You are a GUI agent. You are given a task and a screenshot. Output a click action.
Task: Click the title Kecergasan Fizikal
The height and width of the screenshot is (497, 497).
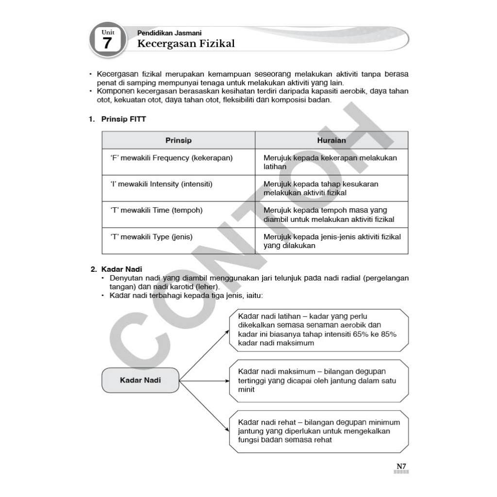click(186, 44)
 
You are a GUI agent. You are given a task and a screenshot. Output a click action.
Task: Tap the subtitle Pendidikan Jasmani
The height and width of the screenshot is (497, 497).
click(162, 33)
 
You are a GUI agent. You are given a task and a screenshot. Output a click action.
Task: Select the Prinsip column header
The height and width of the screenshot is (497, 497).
click(178, 140)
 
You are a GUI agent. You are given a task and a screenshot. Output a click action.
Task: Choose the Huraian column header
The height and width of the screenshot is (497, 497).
click(331, 140)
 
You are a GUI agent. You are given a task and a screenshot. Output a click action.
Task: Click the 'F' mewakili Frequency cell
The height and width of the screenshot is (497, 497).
click(171, 158)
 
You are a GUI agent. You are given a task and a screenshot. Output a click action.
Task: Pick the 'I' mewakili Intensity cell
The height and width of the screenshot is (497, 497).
click(162, 184)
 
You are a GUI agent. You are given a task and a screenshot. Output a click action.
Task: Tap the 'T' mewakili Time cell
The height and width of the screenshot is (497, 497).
click(157, 210)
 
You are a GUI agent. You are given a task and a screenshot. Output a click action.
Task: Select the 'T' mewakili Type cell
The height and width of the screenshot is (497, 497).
click(152, 237)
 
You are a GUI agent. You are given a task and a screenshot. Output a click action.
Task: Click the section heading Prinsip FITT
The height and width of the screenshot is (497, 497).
click(123, 119)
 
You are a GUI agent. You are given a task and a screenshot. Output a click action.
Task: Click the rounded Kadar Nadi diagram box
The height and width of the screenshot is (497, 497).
click(140, 380)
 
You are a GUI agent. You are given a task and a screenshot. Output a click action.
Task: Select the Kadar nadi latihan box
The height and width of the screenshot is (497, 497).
click(318, 330)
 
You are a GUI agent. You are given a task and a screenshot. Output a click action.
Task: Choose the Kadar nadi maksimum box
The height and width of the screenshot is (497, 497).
click(318, 381)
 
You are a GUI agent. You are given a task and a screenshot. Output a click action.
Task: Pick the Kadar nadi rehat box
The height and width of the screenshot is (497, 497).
click(318, 431)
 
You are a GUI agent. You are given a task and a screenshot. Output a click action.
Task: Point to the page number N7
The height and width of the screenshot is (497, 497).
click(401, 466)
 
